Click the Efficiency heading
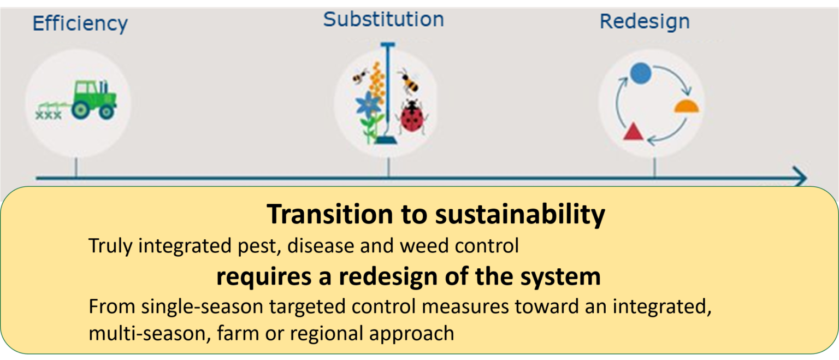[80, 24]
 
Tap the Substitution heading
[383, 19]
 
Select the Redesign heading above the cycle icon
[645, 22]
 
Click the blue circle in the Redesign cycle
[640, 73]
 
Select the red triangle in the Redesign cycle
[632, 132]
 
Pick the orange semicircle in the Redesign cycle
[686, 107]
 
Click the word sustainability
[519, 215]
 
